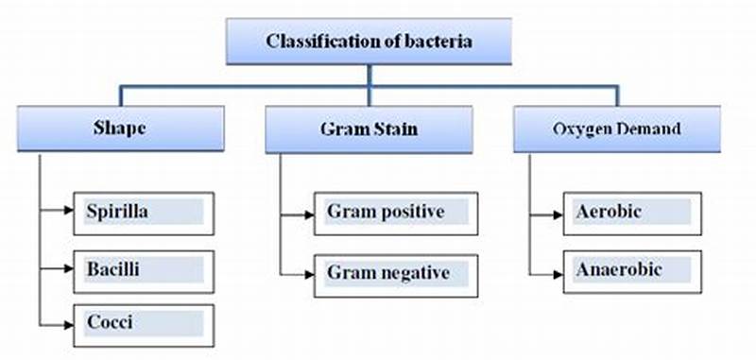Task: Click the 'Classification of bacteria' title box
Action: pos(369,43)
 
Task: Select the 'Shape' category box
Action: pos(120,129)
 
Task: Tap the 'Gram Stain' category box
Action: pos(369,129)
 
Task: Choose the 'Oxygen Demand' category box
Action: pos(617,129)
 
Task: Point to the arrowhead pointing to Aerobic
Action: pos(559,212)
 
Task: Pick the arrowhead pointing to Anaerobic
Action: pos(559,271)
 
